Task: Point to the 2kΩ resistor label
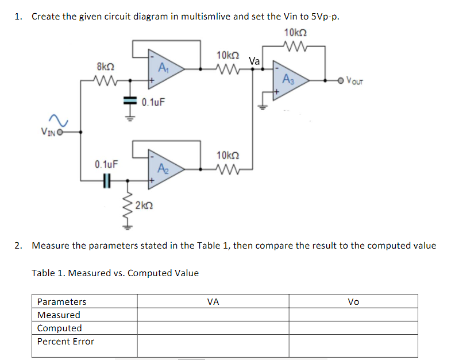tap(144, 205)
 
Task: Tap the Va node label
tap(255, 61)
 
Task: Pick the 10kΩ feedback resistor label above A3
tap(296, 32)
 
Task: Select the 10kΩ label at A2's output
tap(226, 155)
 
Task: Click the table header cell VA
tap(213, 301)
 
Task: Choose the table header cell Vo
tap(353, 301)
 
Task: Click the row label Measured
tap(59, 315)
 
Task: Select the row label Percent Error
tap(65, 341)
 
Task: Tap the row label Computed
tap(59, 328)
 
